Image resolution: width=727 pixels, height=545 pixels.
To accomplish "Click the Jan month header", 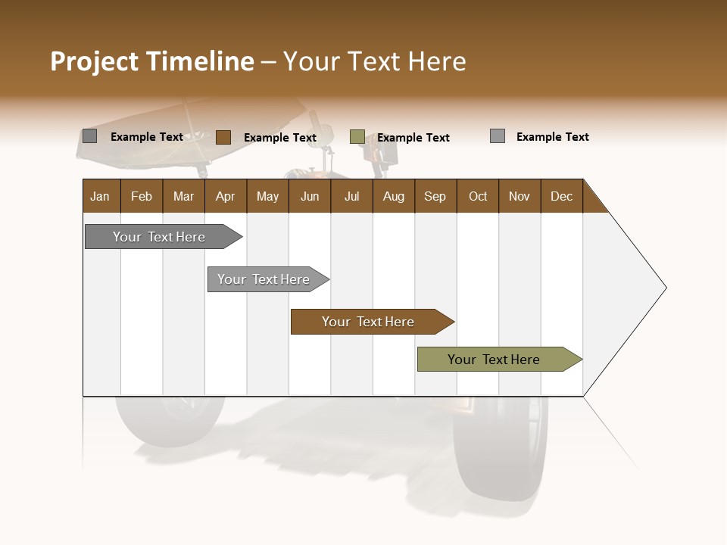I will pyautogui.click(x=101, y=196).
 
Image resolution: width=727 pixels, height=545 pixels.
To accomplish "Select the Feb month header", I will pyautogui.click(x=142, y=196).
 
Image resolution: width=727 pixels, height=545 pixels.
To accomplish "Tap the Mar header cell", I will pyautogui.click(x=183, y=196).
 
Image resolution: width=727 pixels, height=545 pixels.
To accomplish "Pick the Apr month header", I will pyautogui.click(x=226, y=196).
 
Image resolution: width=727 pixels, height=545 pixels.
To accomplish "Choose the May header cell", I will pyautogui.click(x=267, y=196).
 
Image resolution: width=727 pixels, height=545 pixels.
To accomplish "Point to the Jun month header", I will pyautogui.click(x=310, y=196).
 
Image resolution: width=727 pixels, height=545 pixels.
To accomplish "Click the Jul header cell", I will pyautogui.click(x=351, y=196).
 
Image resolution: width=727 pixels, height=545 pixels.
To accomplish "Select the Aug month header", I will pyautogui.click(x=394, y=196).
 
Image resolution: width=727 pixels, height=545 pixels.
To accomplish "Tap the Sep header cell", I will pyautogui.click(x=435, y=196).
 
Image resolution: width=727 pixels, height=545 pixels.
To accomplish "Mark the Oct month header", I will pyautogui.click(x=478, y=196).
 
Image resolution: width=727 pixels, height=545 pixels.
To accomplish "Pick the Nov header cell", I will pyautogui.click(x=520, y=196).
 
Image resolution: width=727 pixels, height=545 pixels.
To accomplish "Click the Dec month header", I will pyautogui.click(x=562, y=196).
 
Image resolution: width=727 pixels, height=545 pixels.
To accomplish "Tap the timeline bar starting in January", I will pyautogui.click(x=160, y=237).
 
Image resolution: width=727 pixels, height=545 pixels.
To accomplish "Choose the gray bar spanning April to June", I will pyautogui.click(x=264, y=279).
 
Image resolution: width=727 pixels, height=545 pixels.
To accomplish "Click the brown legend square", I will pyautogui.click(x=223, y=137).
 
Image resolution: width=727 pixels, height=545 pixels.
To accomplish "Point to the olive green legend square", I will pyautogui.click(x=357, y=137).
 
